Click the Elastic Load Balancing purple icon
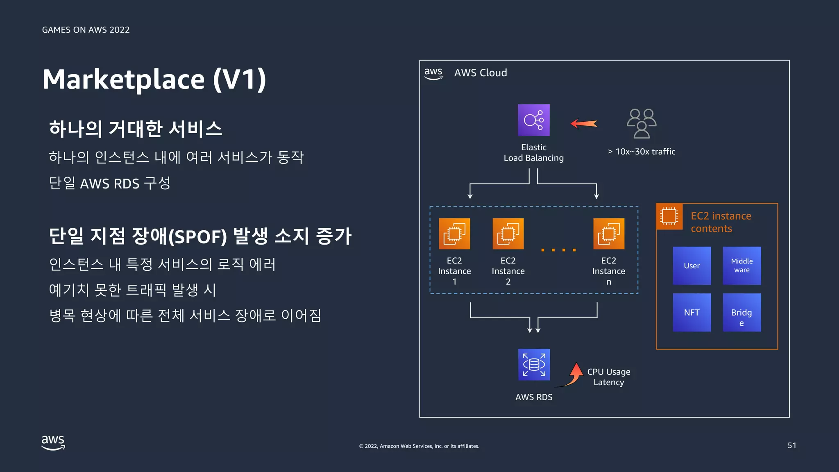533,120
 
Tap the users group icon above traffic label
642,123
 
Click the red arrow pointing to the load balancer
584,123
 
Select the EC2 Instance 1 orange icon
454,234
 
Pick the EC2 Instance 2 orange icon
508,234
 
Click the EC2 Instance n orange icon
609,234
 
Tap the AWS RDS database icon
534,364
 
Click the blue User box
692,265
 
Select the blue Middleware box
741,265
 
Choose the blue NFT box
692,312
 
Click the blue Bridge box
741,312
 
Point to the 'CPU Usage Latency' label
608,377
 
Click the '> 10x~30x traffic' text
641,152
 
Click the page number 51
791,445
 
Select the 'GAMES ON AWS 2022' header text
86,30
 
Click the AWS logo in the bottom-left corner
53,442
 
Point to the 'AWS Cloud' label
480,73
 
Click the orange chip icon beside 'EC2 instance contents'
669,216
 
